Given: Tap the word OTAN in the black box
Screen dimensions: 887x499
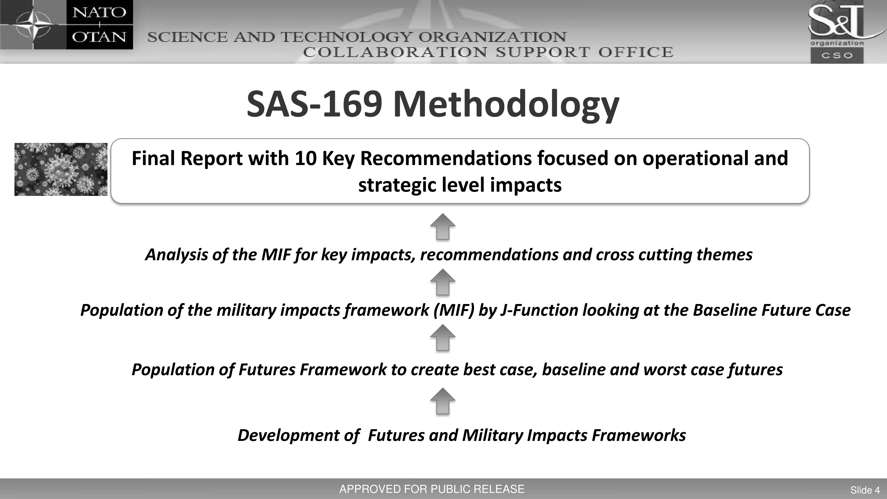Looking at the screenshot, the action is click(x=99, y=37).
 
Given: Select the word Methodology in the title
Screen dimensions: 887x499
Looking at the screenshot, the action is click(x=506, y=105).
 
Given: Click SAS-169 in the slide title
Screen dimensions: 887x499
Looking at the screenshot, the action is click(x=314, y=104).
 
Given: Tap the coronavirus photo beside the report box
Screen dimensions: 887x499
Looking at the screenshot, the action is click(x=61, y=169).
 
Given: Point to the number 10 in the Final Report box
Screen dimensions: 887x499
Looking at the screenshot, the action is click(x=306, y=158).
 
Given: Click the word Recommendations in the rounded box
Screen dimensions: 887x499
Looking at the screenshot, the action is click(x=446, y=158).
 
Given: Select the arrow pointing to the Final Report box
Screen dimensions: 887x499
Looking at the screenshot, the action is click(x=443, y=226).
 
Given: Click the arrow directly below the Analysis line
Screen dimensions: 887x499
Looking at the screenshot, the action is click(x=443, y=282).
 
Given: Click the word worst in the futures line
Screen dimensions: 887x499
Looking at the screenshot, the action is click(x=664, y=370).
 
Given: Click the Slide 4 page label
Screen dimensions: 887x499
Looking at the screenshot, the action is click(x=865, y=490).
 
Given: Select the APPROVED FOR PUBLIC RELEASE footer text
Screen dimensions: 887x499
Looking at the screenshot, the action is click(x=432, y=489).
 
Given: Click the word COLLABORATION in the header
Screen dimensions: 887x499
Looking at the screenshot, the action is click(x=395, y=52).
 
